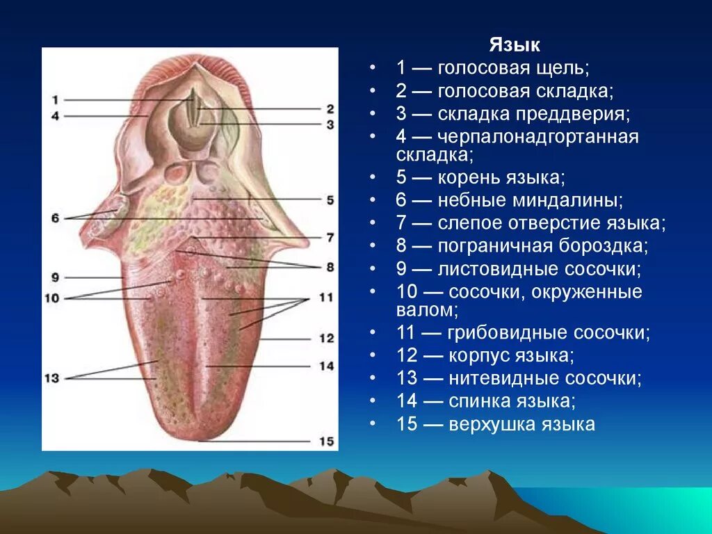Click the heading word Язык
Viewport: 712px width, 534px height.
click(515, 46)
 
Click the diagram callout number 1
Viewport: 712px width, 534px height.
click(56, 99)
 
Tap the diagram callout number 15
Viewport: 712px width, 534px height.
click(326, 442)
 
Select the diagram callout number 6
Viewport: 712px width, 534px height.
click(56, 218)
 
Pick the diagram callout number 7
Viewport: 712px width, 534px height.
click(329, 237)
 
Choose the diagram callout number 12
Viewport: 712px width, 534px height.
click(326, 339)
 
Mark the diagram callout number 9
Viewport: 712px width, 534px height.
click(56, 277)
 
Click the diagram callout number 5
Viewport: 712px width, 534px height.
click(329, 200)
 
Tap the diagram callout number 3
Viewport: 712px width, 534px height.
click(329, 124)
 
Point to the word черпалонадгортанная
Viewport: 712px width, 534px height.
click(538, 137)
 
